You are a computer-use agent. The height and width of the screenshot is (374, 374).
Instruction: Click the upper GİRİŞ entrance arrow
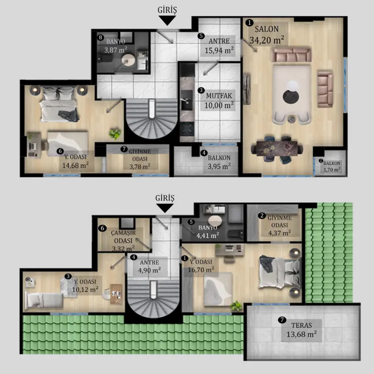(x=167, y=20)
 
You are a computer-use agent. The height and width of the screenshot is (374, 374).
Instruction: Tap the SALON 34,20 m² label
(x=267, y=35)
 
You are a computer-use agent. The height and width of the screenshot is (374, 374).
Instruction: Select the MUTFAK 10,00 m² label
(x=219, y=101)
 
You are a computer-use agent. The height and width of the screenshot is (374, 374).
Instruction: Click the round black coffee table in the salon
(x=291, y=97)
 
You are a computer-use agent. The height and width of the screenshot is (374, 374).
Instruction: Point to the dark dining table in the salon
(x=277, y=148)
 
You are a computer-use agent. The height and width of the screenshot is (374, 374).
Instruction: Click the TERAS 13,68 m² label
(x=302, y=330)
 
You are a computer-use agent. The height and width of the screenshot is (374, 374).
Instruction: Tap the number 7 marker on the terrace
(x=282, y=320)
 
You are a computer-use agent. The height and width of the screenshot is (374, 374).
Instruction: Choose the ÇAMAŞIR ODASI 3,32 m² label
(x=123, y=241)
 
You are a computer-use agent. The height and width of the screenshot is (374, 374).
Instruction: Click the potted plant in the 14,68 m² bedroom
(x=115, y=134)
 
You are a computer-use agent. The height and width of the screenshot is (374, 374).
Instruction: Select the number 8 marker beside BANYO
(x=101, y=37)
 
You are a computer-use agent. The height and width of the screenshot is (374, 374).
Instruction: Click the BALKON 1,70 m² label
(x=332, y=166)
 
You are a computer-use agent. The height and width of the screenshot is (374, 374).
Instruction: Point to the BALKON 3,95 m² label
(x=219, y=162)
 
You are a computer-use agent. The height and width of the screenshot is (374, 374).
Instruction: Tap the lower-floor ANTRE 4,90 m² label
(x=149, y=266)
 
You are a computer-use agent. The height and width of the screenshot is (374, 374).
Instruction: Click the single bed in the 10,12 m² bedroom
(x=44, y=300)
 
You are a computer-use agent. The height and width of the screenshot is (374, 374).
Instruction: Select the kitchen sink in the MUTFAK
(x=187, y=100)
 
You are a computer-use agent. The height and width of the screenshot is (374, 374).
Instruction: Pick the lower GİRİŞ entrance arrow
(x=165, y=208)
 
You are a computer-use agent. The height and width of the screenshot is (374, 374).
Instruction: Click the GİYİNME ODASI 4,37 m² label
(x=280, y=225)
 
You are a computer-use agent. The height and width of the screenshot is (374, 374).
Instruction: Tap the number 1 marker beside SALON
(x=249, y=22)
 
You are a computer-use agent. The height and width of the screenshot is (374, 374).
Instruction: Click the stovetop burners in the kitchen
(x=187, y=129)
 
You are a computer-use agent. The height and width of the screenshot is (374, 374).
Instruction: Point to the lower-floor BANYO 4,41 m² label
(x=208, y=231)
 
